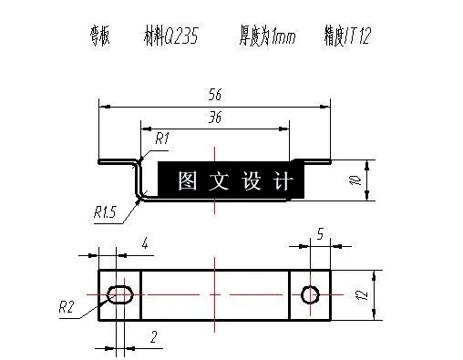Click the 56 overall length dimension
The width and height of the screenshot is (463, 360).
215,95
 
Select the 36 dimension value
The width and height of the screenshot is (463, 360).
215,118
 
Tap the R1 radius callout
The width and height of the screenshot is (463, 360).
163,139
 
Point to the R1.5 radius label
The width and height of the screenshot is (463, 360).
105,212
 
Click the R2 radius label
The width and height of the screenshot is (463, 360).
66,307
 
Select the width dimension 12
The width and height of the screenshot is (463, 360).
362,293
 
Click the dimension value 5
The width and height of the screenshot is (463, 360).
320,234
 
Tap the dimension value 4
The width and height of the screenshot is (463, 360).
144,242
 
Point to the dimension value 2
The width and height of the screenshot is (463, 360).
152,338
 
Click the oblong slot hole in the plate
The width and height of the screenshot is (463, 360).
120,293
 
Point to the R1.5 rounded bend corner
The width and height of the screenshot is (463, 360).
141,193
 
